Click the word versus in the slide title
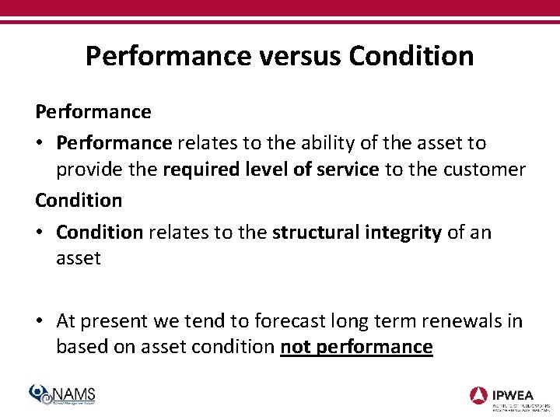coord(299,56)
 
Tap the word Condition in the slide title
coord(411,56)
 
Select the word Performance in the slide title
coord(168,56)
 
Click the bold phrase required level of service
coord(271,170)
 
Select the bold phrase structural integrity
coord(357,233)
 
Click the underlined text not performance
coord(356,347)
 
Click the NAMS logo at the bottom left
coord(63,395)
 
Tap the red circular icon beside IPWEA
coord(479,395)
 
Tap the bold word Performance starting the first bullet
coord(114,143)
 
